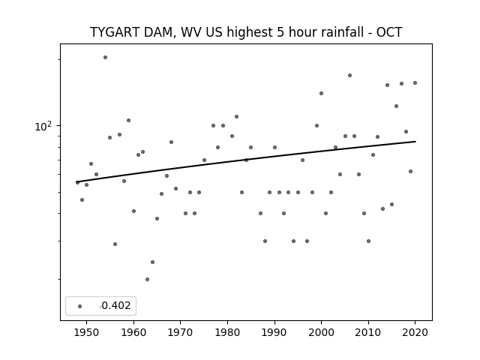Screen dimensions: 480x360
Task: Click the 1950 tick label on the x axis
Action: [x=87, y=332]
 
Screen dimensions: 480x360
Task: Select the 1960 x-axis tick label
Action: [x=133, y=332]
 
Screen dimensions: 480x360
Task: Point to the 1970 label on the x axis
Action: [x=180, y=332]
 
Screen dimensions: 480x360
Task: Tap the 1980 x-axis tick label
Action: [x=227, y=332]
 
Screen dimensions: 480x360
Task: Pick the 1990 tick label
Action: [x=274, y=332]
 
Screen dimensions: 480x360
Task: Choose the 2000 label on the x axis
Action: [x=321, y=332]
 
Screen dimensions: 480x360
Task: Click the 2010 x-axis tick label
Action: [x=368, y=332]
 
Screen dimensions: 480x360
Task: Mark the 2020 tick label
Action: [x=415, y=332]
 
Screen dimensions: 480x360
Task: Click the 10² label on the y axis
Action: [x=43, y=126]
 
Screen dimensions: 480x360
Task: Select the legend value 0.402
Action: [x=116, y=305]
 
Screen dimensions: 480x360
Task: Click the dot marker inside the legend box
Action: [x=80, y=306]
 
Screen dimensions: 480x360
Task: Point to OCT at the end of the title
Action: [x=389, y=32]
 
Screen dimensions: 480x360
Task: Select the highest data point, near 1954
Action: [x=105, y=57]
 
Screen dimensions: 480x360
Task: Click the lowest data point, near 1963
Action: [x=147, y=279]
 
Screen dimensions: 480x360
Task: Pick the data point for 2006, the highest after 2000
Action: [x=350, y=75]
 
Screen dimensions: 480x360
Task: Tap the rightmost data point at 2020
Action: [x=415, y=83]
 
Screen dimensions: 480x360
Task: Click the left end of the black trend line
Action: [x=76, y=182]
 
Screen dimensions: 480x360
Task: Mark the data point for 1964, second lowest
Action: [x=152, y=262]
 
